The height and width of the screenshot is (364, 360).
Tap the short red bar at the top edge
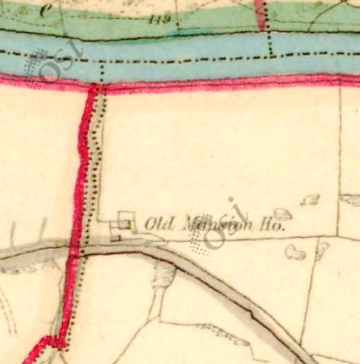point(260,15)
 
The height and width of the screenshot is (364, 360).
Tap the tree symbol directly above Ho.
point(282,214)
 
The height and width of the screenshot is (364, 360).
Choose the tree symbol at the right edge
point(350,199)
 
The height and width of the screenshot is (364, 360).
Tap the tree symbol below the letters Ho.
point(295,252)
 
